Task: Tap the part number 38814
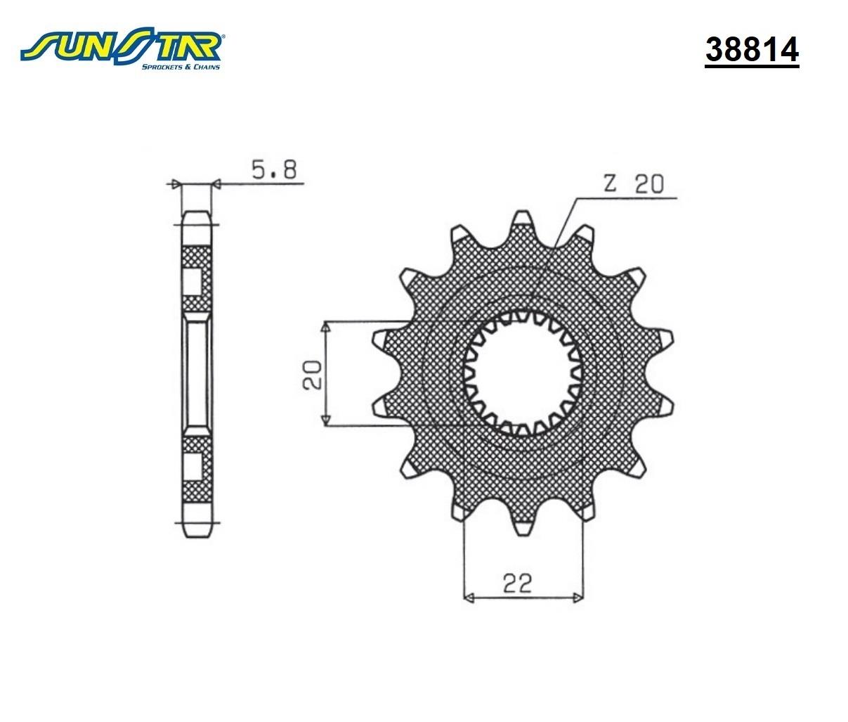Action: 752,50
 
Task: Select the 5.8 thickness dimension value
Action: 274,169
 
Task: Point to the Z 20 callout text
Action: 634,183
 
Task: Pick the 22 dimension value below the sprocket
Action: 518,583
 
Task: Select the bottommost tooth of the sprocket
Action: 523,523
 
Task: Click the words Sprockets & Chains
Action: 181,67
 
